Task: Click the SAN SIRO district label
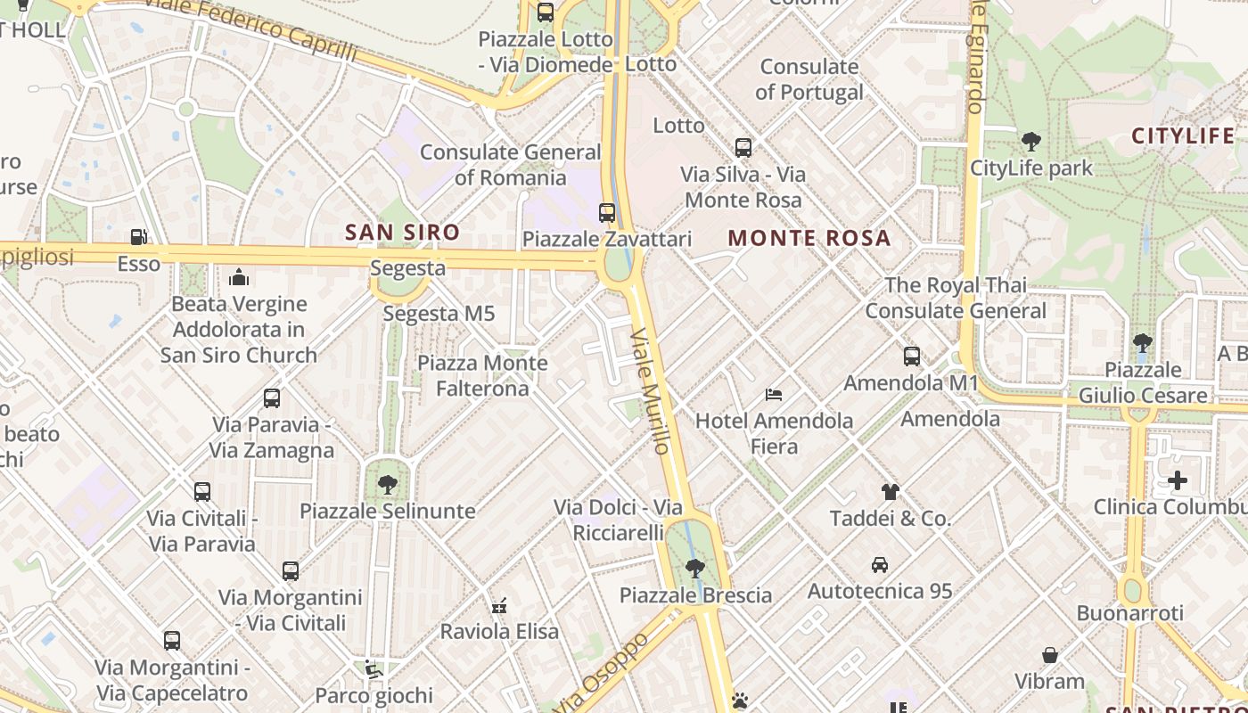click(402, 233)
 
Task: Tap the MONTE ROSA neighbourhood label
click(809, 238)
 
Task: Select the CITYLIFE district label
click(1183, 136)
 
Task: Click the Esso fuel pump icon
click(138, 237)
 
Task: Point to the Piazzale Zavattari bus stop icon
click(607, 212)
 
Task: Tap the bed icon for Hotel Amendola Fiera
click(774, 394)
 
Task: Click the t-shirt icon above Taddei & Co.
click(890, 491)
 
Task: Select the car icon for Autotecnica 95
click(880, 564)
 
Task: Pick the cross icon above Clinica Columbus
click(1177, 481)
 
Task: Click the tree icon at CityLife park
click(1031, 141)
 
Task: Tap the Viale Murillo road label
click(651, 390)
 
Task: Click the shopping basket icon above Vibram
click(1050, 655)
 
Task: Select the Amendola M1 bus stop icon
click(911, 356)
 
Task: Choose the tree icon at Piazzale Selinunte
click(387, 485)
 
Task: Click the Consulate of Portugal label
click(809, 79)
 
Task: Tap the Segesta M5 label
click(439, 314)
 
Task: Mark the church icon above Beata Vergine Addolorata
click(238, 277)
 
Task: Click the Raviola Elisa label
click(500, 632)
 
